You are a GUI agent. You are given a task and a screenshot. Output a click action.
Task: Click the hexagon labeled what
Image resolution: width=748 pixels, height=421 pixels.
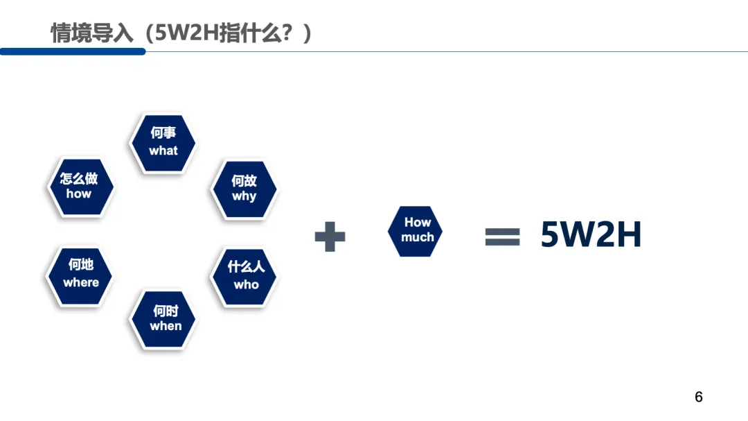[x=163, y=143]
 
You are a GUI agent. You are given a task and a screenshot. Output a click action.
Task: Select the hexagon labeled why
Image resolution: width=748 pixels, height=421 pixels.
[x=243, y=189]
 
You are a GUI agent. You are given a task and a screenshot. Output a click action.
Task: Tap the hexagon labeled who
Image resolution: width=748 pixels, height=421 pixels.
[x=244, y=277]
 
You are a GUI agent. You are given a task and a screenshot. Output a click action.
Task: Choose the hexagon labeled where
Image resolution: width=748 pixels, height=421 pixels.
[x=80, y=275]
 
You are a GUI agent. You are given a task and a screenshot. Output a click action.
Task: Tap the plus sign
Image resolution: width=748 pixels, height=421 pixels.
[x=330, y=237]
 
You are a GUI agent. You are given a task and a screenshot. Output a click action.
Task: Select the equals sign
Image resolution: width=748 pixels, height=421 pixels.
[x=502, y=237]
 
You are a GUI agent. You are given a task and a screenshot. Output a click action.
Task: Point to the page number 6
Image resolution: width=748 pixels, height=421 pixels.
[x=698, y=397]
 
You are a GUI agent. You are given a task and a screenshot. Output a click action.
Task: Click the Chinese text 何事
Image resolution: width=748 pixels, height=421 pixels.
[x=163, y=133]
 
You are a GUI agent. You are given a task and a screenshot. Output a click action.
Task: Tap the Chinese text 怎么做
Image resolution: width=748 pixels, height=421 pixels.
[x=79, y=178]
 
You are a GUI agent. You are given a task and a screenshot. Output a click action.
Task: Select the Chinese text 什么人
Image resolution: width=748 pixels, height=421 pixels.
[x=246, y=267]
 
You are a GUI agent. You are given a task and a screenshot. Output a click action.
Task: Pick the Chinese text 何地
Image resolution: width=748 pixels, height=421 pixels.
[x=81, y=265]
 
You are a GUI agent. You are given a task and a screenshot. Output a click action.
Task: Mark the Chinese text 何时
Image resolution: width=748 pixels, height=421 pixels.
[x=165, y=311]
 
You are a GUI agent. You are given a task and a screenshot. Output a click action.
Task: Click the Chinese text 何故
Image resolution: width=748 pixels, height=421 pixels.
[x=244, y=180]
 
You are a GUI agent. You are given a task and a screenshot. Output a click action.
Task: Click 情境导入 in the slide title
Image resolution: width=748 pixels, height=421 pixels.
[x=91, y=33]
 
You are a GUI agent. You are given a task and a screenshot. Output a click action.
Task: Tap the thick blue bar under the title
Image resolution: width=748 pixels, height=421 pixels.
[x=73, y=51]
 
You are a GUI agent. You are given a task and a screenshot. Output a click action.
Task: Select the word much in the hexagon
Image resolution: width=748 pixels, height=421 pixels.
[x=417, y=237]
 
